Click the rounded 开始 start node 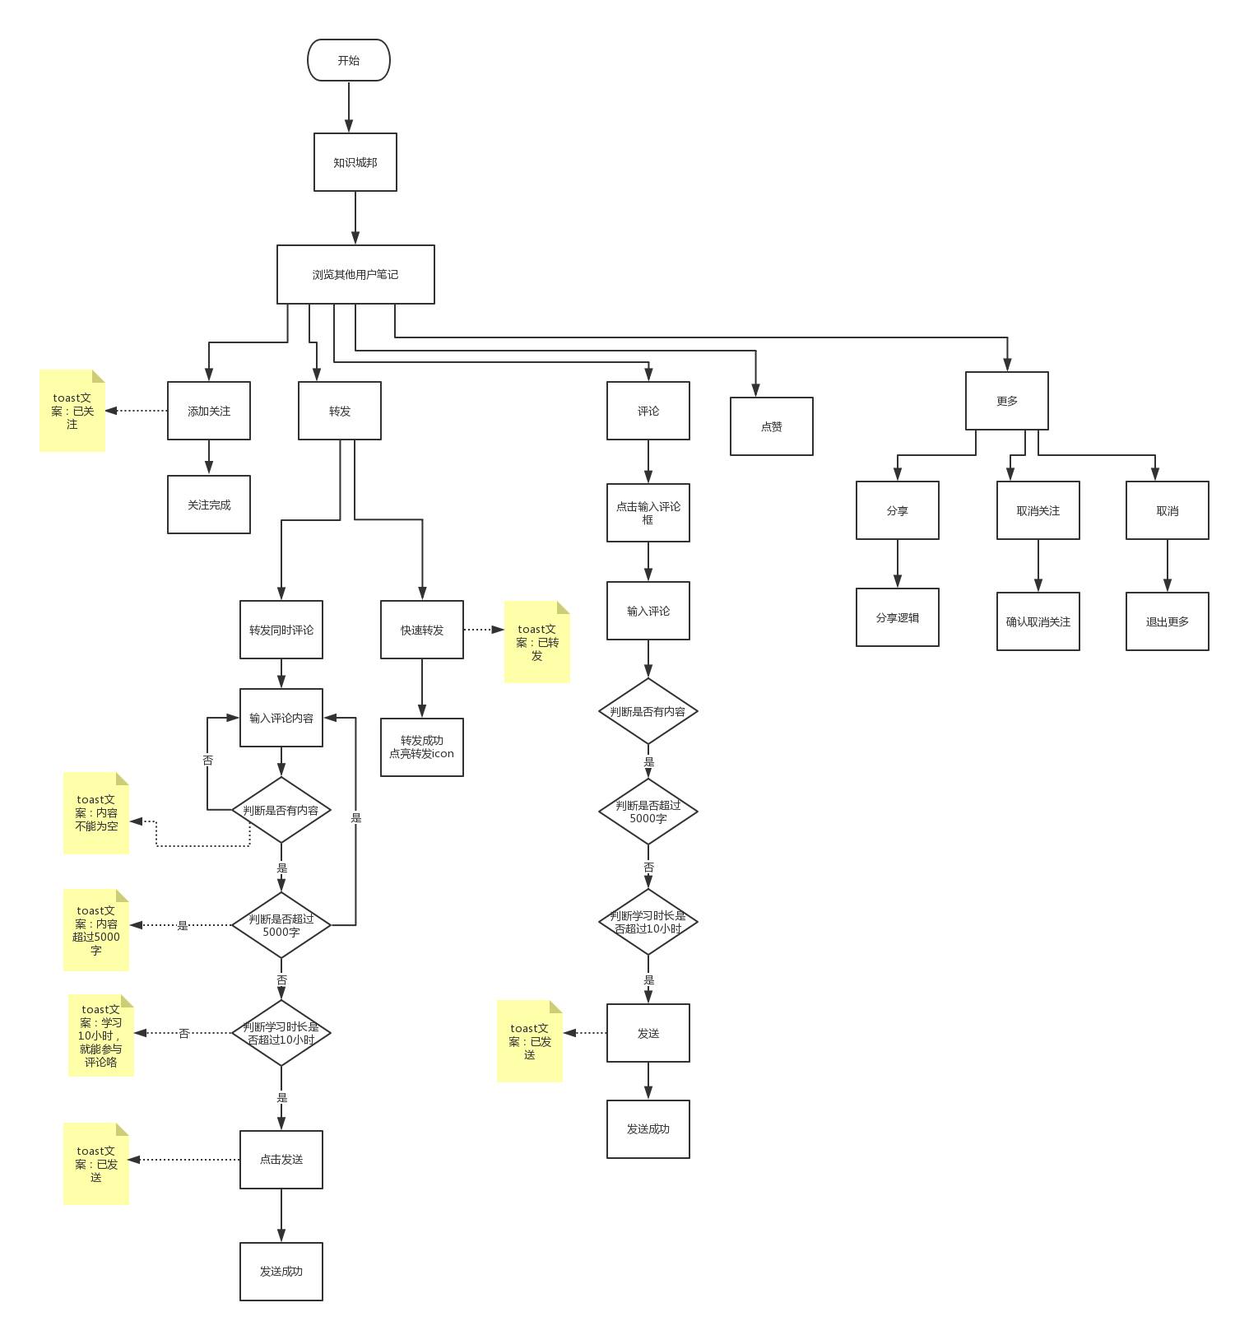[348, 60]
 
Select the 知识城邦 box [355, 162]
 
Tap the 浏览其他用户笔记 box [355, 274]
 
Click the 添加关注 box [209, 411]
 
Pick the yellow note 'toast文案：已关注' [72, 411]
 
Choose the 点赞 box [772, 426]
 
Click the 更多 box [1007, 401]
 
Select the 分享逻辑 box [898, 617]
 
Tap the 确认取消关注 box [1038, 621]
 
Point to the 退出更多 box [1168, 621]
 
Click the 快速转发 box [422, 630]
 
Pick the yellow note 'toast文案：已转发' [537, 642]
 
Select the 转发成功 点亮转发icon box [422, 747]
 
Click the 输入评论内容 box [281, 718]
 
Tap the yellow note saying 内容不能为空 [96, 813]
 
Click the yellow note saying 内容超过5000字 [96, 930]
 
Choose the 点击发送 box [281, 1159]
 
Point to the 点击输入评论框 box [648, 513]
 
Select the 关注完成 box [209, 505]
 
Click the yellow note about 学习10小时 [101, 1035]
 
